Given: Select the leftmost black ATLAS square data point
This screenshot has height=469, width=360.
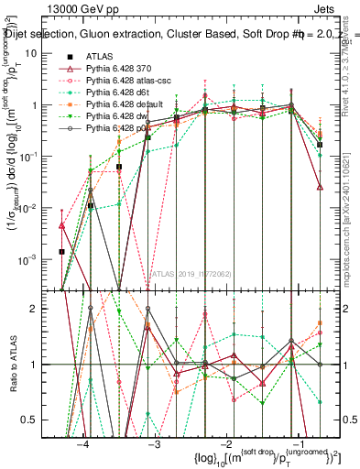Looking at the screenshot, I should coord(61,251).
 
